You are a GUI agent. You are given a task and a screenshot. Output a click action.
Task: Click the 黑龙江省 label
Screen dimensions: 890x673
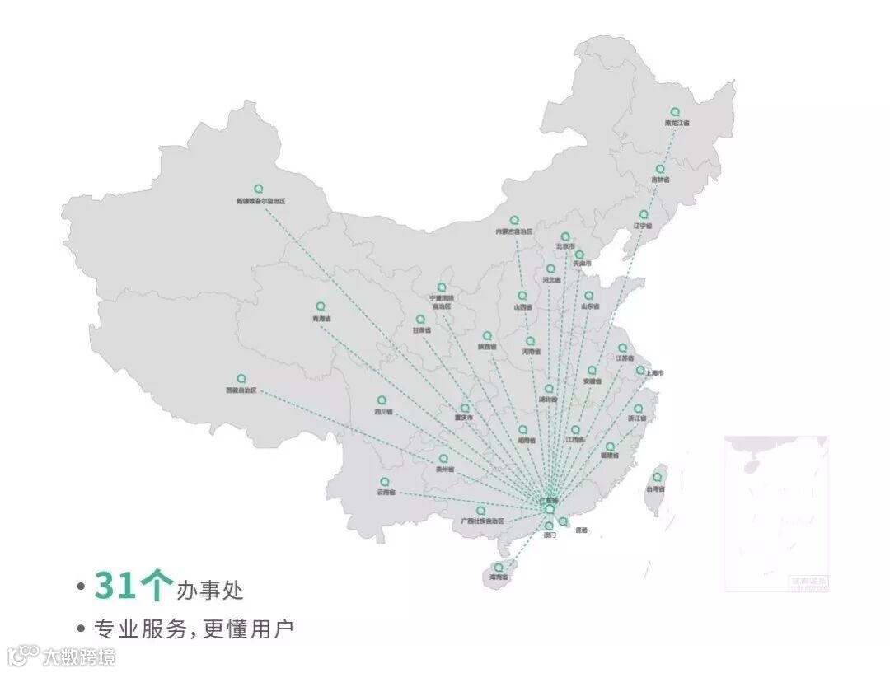[677, 124]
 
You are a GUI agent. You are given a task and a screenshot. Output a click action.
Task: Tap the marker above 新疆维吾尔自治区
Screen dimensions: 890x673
[258, 189]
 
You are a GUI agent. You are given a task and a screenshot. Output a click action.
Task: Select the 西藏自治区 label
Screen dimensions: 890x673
[241, 390]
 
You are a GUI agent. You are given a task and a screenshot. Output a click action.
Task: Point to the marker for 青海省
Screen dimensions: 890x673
[321, 306]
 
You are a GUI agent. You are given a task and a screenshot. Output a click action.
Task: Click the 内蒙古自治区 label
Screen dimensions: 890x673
[514, 231]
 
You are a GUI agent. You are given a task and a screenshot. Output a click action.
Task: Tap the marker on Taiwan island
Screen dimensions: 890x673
[657, 477]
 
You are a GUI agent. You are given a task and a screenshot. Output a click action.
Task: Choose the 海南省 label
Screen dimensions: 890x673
[499, 577]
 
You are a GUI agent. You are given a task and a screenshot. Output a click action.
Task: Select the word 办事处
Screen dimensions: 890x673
[209, 590]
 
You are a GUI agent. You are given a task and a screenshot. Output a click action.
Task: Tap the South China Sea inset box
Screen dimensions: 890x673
[775, 512]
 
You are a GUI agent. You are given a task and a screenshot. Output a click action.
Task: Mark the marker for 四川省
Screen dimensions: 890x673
[381, 400]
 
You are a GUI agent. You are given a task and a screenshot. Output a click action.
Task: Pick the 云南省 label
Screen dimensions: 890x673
[386, 493]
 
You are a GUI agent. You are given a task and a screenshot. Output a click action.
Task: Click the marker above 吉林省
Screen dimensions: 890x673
[659, 169]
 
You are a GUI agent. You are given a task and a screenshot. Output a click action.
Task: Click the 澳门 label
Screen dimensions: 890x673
[550, 535]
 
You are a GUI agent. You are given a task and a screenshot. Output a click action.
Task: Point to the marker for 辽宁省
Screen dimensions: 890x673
[644, 214]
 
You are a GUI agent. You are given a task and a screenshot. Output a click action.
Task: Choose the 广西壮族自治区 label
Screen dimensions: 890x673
[482, 521]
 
